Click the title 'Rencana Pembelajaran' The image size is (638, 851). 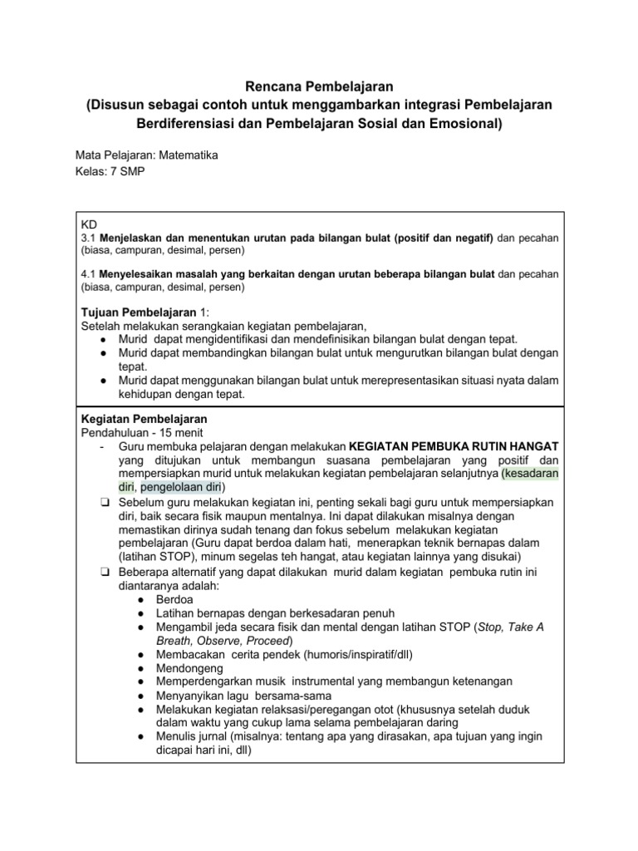pyautogui.click(x=320, y=85)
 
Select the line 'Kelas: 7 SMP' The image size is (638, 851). pyautogui.click(x=108, y=172)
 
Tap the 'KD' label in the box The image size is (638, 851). pyautogui.click(x=88, y=224)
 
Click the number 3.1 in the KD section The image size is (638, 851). pyautogui.click(x=88, y=238)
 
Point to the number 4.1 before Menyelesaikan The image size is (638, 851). pyautogui.click(x=88, y=273)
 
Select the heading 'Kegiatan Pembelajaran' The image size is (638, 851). pyautogui.click(x=143, y=419)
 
